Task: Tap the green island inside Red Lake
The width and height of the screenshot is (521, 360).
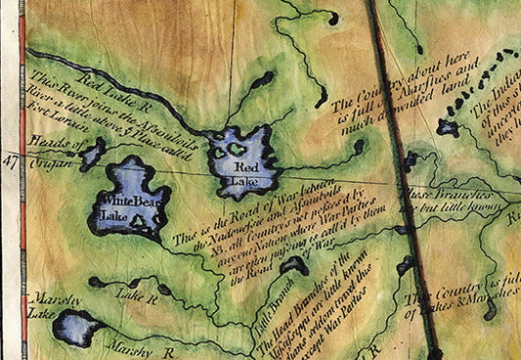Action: (x=236, y=149)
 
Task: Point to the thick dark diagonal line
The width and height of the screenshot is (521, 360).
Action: (x=401, y=176)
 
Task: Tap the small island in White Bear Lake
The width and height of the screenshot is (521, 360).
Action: (x=143, y=222)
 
